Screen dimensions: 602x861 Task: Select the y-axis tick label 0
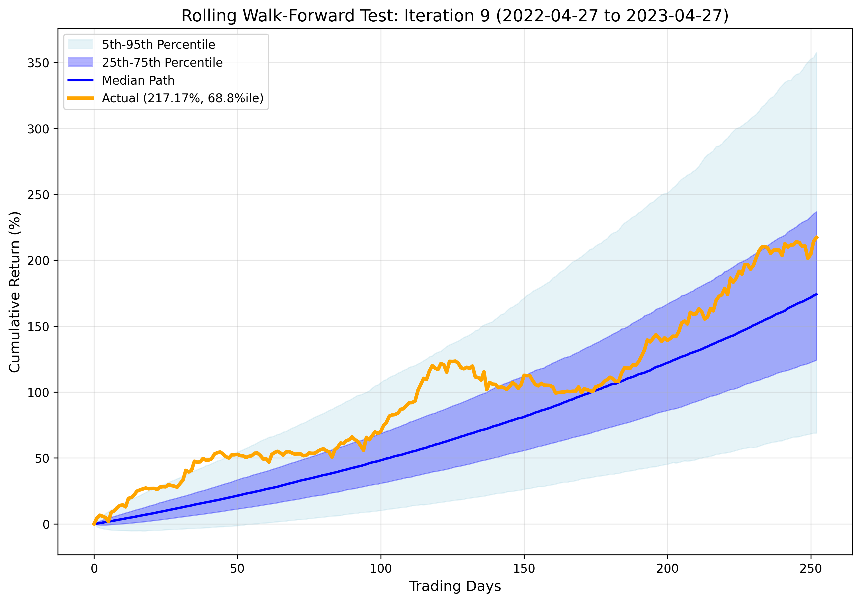click(46, 524)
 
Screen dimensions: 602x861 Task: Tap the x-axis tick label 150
click(524, 569)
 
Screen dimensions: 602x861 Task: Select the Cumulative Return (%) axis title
click(15, 292)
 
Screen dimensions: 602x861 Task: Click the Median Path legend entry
click(138, 80)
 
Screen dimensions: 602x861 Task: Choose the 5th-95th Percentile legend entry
click(158, 45)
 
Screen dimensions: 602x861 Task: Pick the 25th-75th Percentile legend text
click(162, 62)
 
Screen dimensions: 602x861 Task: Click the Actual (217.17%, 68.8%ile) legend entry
click(183, 98)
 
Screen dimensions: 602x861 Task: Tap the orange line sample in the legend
click(80, 98)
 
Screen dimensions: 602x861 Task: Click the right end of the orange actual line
click(817, 237)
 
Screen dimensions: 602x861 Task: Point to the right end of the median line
click(817, 294)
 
